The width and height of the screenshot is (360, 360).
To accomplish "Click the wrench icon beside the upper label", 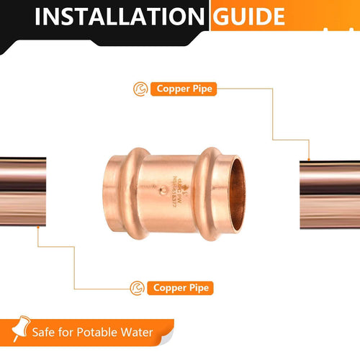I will (x=140, y=89).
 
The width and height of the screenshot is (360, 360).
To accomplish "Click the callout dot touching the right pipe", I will (x=309, y=159).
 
